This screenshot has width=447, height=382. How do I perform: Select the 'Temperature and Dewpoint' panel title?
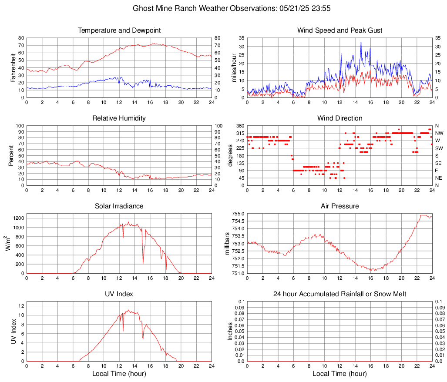click(119, 30)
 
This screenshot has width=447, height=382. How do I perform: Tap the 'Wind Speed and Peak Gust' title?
click(340, 30)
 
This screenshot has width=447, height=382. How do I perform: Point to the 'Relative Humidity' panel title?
click(119, 118)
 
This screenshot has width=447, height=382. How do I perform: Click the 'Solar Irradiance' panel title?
click(119, 206)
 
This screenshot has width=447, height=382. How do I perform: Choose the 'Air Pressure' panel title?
click(340, 206)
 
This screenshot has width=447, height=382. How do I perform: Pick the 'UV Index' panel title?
click(119, 294)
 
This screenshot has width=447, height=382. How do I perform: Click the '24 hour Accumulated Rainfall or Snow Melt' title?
click(340, 294)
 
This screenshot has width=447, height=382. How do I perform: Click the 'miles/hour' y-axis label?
click(233, 68)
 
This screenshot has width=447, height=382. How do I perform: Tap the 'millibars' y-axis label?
click(227, 244)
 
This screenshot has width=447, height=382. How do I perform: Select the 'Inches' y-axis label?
click(230, 332)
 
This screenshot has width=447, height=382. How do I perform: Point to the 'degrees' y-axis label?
click(230, 156)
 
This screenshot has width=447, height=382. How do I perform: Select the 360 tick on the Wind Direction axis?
click(239, 126)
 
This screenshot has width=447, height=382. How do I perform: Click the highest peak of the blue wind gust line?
click(361, 40)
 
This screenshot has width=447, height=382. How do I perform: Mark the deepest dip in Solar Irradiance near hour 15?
click(143, 263)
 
